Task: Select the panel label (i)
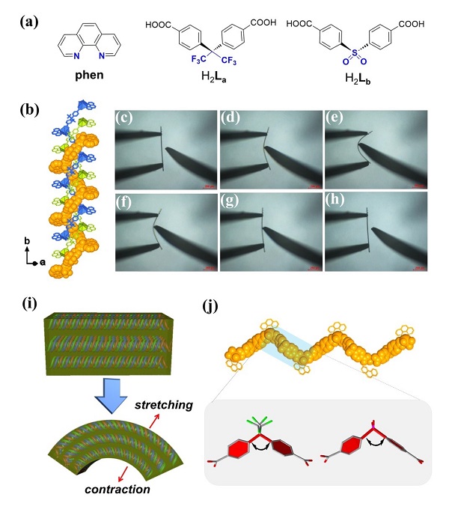31,306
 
